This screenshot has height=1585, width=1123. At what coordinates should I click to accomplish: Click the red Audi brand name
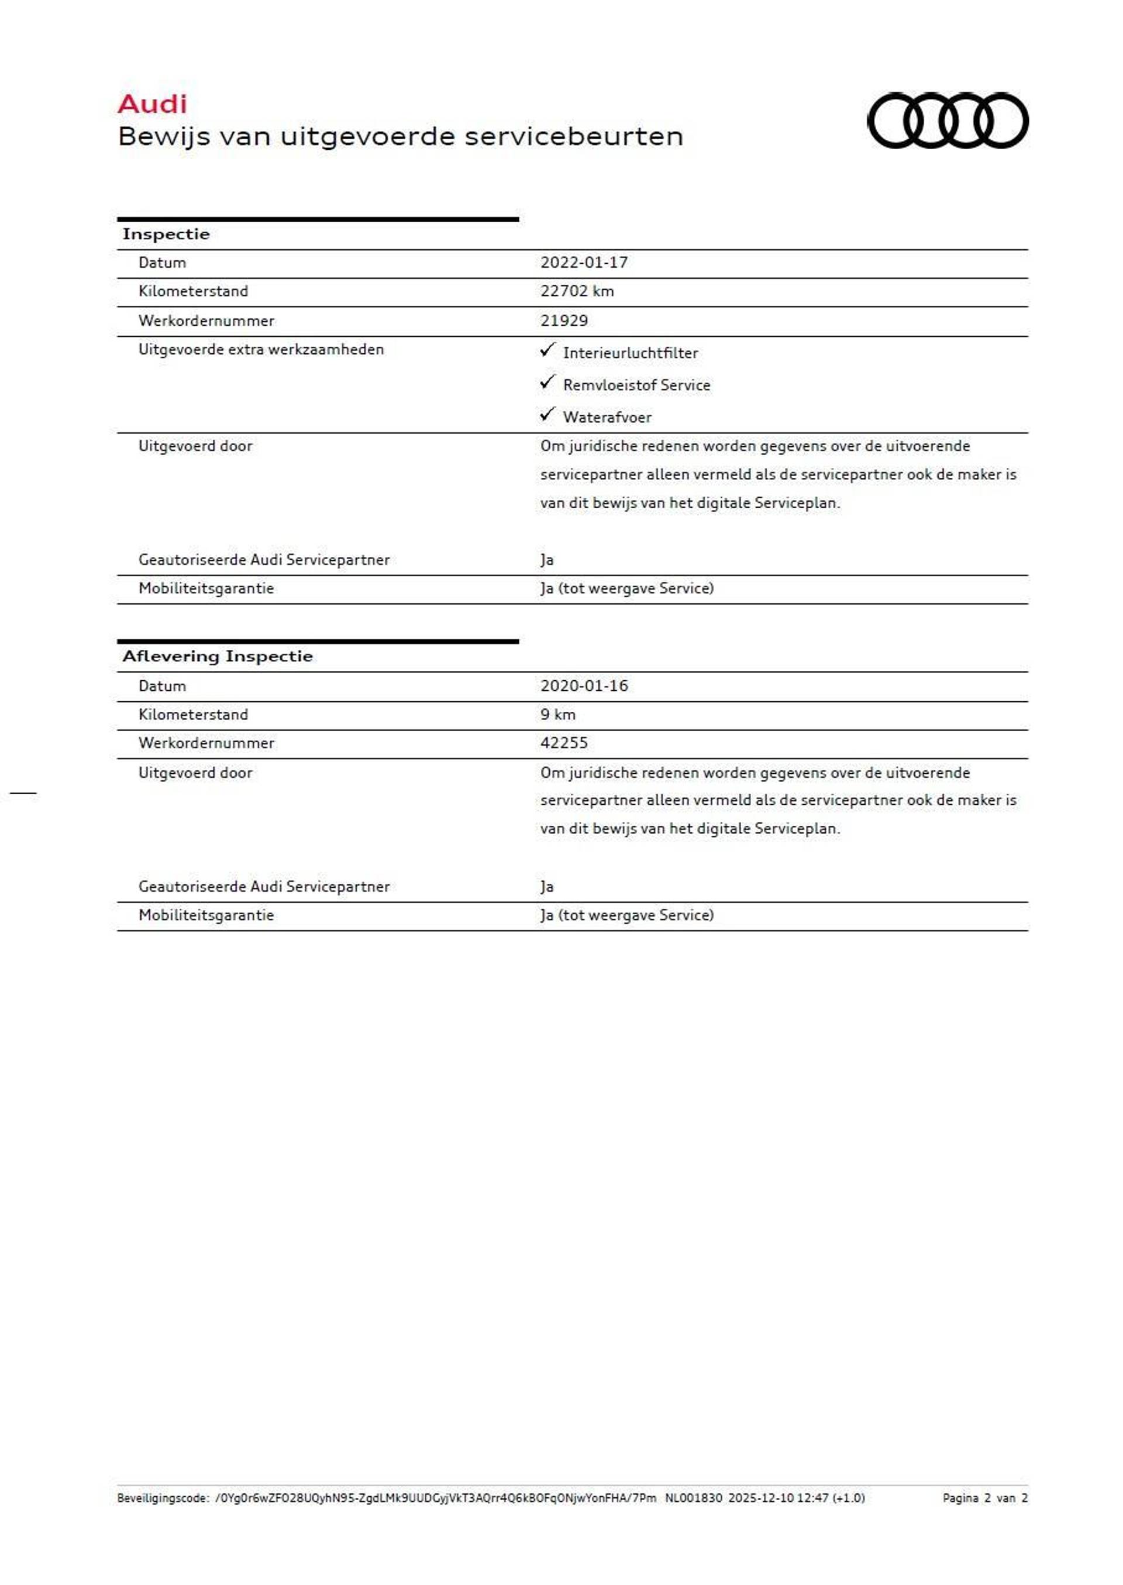[x=152, y=104]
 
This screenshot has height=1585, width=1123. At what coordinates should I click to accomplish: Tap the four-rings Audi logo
[x=948, y=120]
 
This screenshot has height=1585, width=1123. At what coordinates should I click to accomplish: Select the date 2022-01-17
[x=584, y=263]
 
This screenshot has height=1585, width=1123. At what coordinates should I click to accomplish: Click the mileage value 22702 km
[x=577, y=291]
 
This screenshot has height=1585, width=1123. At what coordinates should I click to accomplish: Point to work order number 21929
[x=564, y=321]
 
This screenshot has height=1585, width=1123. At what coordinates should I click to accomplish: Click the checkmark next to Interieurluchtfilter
[x=547, y=350]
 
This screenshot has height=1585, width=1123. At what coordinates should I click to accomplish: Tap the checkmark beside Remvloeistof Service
[x=547, y=383]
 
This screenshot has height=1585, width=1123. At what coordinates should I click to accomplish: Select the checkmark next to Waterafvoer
[x=547, y=414]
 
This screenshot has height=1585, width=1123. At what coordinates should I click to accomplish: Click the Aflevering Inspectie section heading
[x=217, y=656]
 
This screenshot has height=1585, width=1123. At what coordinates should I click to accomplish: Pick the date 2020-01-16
[x=584, y=686]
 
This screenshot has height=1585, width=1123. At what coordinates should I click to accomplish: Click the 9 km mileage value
[x=557, y=714]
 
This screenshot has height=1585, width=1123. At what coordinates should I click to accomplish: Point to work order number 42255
[x=564, y=743]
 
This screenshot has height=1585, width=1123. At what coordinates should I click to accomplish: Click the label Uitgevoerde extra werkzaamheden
[x=261, y=350]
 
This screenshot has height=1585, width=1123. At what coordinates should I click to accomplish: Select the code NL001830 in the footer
[x=694, y=1498]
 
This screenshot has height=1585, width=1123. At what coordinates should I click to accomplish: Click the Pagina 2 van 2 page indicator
[x=985, y=1498]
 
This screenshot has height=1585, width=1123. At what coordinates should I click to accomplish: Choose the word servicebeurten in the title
[x=573, y=137]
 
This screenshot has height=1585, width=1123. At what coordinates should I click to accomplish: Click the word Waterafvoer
[x=607, y=418]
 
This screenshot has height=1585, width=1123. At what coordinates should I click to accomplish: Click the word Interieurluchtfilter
[x=630, y=353]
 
